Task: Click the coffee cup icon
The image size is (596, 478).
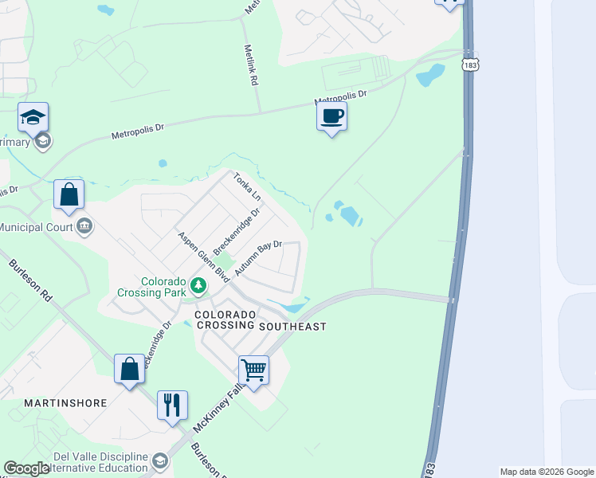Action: [x=331, y=116]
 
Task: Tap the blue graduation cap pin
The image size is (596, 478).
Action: [x=33, y=118]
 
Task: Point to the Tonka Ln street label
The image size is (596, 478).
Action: [x=248, y=186]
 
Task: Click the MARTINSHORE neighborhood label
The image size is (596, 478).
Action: [x=65, y=403]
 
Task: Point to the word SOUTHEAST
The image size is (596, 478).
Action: [x=292, y=327]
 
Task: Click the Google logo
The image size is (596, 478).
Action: [x=27, y=468]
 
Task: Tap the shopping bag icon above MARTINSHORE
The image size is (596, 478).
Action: [x=129, y=370]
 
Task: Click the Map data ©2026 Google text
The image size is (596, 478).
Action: [x=547, y=472]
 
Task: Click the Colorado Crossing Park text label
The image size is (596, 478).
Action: [x=163, y=287]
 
